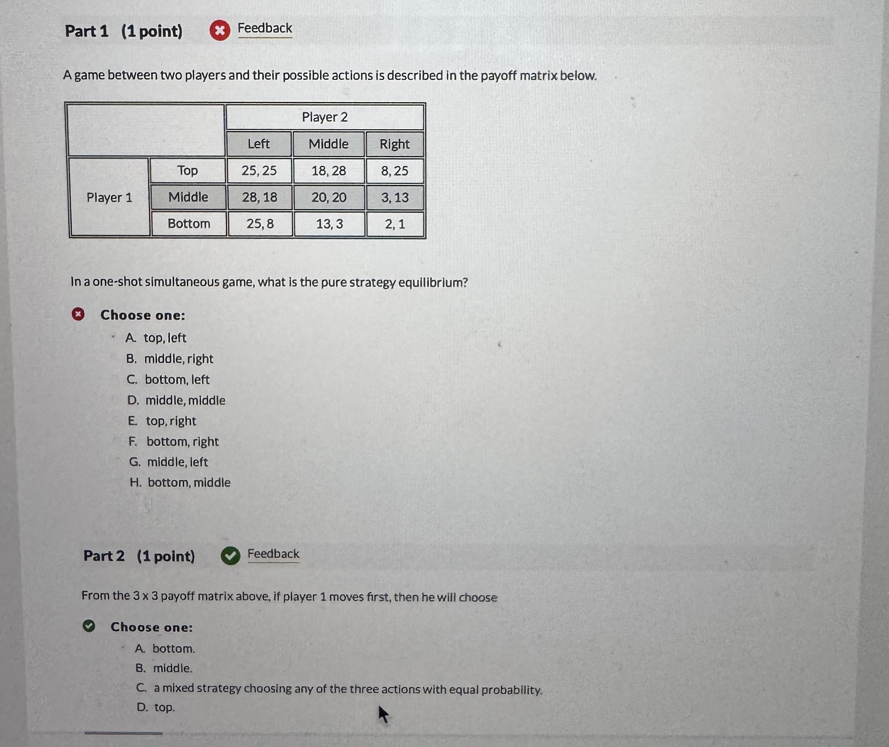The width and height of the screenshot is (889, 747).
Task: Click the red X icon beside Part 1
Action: point(220,30)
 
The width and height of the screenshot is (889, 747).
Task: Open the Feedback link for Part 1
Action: point(264,28)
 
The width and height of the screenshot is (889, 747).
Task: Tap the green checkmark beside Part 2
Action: point(230,556)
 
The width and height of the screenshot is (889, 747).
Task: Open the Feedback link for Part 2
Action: point(273,554)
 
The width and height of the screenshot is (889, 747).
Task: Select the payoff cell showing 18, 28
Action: point(328,171)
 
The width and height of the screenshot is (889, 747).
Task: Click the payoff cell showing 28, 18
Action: point(259,197)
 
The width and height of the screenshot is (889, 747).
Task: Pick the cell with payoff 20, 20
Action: point(329,197)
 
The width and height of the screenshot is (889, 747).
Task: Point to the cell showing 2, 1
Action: point(395,224)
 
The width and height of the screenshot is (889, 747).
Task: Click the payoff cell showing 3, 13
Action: point(395,197)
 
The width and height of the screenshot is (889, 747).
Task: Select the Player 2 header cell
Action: point(325,117)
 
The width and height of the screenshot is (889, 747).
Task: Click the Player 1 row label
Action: point(109,197)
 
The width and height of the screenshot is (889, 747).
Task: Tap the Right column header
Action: point(395,145)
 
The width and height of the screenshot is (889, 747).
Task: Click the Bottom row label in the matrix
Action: point(189,224)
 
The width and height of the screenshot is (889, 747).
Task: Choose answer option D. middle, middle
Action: point(177,400)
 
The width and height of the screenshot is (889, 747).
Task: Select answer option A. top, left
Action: point(156,338)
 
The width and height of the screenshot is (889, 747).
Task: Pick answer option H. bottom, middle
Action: point(180,483)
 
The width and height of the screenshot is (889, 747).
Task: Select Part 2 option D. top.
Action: point(156,707)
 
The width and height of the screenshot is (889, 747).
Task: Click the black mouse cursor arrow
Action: point(383,714)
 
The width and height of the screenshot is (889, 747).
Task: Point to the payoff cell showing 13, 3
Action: point(329,224)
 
